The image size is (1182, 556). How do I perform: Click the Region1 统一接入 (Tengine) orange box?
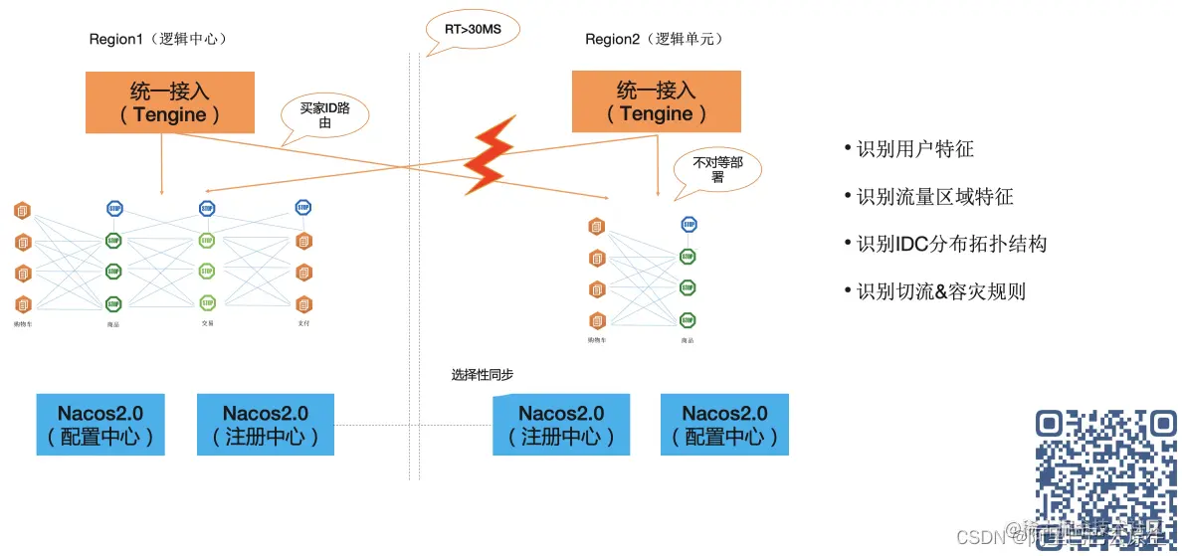169,102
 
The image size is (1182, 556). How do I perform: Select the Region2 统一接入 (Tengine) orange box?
656,102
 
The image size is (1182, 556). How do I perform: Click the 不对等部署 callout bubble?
716,168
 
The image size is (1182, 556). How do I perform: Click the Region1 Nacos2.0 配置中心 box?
100,425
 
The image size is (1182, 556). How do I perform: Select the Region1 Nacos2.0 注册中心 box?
265,425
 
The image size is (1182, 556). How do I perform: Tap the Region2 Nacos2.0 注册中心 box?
561,425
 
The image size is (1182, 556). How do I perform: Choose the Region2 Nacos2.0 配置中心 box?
724,425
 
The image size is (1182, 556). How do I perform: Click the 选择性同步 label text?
483,375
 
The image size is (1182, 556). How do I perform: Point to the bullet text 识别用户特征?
914,149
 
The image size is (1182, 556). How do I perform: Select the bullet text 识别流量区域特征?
934,197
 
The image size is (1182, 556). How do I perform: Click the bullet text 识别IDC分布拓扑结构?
951,244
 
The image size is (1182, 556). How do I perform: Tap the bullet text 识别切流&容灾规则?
940,291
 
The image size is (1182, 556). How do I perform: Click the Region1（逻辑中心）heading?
158,39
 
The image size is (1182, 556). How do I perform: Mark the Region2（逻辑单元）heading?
654,39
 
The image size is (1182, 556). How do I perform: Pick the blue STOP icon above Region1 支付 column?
304,207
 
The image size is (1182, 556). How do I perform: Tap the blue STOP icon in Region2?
689,224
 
